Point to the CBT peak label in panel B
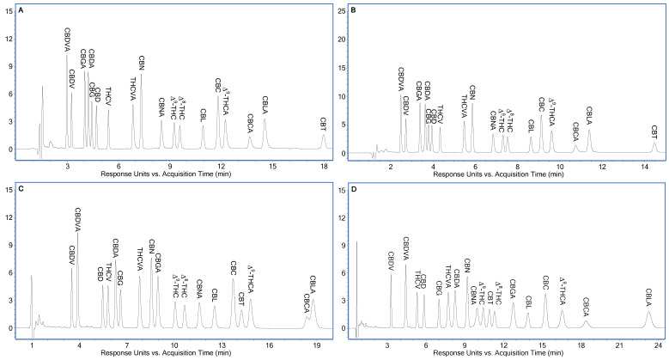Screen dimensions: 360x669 654,131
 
